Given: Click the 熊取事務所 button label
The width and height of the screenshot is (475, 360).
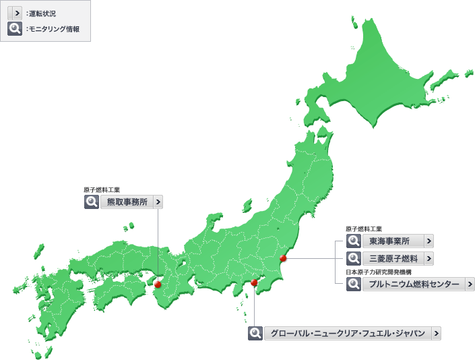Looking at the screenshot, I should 126,202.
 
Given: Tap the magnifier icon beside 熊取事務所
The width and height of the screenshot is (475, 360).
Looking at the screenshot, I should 91,202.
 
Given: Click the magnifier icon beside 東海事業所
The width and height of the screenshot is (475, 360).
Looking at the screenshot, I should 353,241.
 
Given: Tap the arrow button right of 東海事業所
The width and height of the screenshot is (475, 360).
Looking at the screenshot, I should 429,241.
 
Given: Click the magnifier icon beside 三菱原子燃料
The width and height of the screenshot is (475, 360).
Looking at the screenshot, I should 353,258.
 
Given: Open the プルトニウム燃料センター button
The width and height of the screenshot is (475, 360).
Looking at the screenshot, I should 414,284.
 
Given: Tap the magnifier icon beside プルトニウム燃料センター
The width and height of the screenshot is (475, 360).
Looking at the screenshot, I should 353,284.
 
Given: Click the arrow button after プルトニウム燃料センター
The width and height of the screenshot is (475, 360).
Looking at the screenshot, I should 470,284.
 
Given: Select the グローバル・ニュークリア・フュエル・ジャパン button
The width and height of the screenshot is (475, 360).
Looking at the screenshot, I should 348,333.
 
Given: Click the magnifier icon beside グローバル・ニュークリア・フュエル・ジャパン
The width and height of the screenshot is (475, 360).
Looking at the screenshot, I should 255,333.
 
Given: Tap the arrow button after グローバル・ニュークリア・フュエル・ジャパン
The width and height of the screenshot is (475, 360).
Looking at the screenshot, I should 437,333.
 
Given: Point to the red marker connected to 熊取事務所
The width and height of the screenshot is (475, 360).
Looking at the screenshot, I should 158,284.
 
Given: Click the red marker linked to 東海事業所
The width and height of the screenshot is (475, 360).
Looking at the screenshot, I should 284,258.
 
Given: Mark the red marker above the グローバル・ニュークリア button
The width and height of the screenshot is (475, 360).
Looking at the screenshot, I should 254,283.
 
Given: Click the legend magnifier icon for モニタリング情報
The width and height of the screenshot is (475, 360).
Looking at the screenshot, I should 14,29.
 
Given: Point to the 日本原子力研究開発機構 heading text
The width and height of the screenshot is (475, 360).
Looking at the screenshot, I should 378,272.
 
